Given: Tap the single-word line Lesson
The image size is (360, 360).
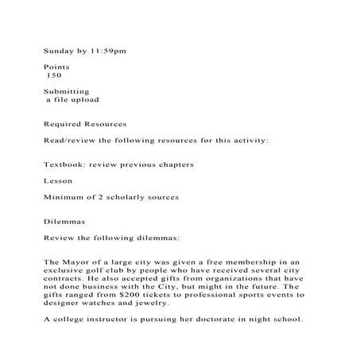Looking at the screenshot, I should click(58, 180).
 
